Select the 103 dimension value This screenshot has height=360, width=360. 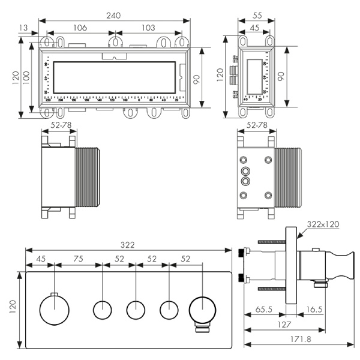[x=149, y=27]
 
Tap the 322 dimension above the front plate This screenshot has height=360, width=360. [x=127, y=245]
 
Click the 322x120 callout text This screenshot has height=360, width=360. [x=322, y=224]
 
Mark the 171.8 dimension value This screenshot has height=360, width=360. [x=297, y=339]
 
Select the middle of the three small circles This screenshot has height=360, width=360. [x=136, y=311]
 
